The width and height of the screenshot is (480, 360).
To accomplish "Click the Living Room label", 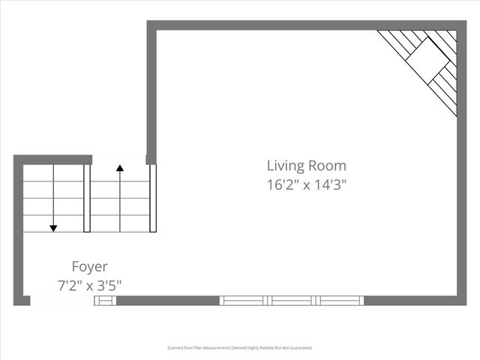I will tap(307, 166).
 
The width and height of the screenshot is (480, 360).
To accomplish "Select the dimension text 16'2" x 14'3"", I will tap(307, 184).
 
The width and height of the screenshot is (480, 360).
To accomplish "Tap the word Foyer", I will tap(89, 266).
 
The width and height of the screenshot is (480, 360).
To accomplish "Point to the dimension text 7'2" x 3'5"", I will tap(89, 285).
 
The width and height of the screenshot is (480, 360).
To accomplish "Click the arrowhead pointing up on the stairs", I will tap(119, 168).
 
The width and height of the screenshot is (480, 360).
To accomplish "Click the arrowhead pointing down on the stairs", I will tap(53, 228).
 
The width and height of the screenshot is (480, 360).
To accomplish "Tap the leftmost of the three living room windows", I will tap(243, 301).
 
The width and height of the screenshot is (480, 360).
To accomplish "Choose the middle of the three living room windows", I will tap(292, 301).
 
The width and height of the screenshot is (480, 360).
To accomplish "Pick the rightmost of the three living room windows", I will tap(340, 301).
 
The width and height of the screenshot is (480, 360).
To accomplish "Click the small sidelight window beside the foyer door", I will tap(105, 301).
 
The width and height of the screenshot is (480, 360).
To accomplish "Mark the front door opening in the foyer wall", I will tap(62, 301).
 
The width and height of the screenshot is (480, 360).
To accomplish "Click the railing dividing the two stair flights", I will tap(87, 199).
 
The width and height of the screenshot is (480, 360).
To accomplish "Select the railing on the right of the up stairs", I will tap(153, 199).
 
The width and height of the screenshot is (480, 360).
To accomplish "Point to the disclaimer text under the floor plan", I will tap(239, 348).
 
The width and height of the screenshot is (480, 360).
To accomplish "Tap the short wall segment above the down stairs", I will tap(52, 160).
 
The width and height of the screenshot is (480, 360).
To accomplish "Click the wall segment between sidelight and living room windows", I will tap(168, 301).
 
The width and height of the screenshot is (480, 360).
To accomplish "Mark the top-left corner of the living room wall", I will tap(151, 25).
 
